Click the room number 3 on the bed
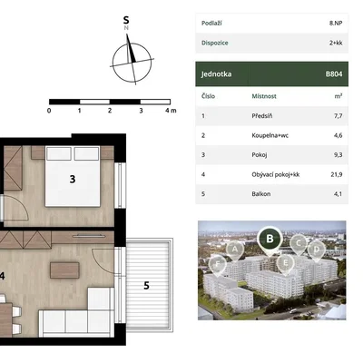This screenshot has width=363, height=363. pyautogui.click(x=73, y=179)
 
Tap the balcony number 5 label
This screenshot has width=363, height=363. pyautogui.click(x=146, y=286)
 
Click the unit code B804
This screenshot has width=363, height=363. pyautogui.click(x=334, y=74)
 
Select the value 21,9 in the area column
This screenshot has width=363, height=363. pyautogui.click(x=336, y=174)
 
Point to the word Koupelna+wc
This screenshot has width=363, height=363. pyautogui.click(x=270, y=135)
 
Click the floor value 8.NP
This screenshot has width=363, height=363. pyautogui.click(x=336, y=23)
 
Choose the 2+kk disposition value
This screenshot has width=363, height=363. pyautogui.click(x=336, y=43)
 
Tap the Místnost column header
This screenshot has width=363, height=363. pyautogui.click(x=264, y=96)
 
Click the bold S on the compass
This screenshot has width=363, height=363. pyautogui.click(x=126, y=20)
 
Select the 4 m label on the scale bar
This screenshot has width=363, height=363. pyautogui.click(x=171, y=111)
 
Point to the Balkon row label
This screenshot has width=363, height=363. pyautogui.click(x=261, y=194)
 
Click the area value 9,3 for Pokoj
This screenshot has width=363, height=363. pyautogui.click(x=338, y=155)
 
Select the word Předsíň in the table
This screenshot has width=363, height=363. pyautogui.click(x=262, y=116)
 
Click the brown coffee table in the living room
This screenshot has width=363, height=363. pyautogui.click(x=64, y=270)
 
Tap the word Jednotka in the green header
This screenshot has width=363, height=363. pyautogui.click(x=216, y=74)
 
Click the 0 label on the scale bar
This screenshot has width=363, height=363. pyautogui.click(x=49, y=111)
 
